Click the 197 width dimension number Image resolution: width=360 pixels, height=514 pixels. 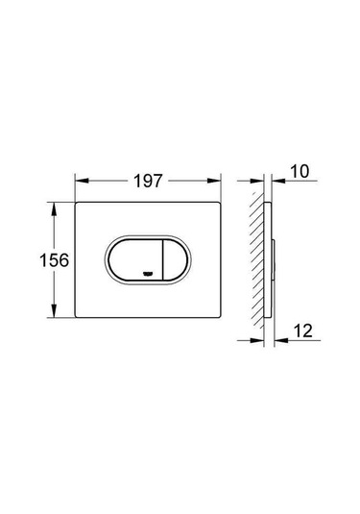point(148,181)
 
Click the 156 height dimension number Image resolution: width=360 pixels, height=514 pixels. point(54,260)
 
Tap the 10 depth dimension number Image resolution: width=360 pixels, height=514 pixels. point(300,171)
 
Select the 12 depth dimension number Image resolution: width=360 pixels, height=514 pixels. point(303,330)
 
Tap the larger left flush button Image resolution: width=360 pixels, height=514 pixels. point(135,260)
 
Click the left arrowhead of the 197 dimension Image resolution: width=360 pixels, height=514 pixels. point(82,181)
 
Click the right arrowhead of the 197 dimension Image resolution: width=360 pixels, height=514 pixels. point(214,181)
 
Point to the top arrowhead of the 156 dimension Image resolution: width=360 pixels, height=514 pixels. point(54,208)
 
